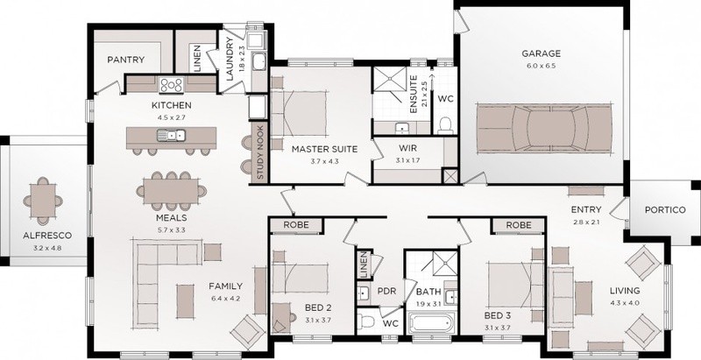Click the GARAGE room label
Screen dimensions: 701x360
pyautogui.click(x=541, y=53)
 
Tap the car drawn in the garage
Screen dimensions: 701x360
pyautogui.click(x=544, y=128)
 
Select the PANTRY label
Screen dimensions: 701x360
pyautogui.click(x=125, y=60)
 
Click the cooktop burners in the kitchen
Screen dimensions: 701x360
pyautogui.click(x=171, y=84)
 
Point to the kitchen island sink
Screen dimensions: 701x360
pyautogui.click(x=171, y=134)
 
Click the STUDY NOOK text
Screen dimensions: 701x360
pyautogui.click(x=260, y=152)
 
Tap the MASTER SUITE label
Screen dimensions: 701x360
pyautogui.click(x=324, y=149)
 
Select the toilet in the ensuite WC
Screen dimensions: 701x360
pyautogui.click(x=445, y=125)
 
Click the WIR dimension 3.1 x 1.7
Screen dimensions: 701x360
pyautogui.click(x=408, y=160)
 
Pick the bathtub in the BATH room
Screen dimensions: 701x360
pyautogui.click(x=432, y=322)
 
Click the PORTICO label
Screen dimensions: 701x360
pyautogui.click(x=665, y=210)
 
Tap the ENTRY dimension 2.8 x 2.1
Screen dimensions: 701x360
pyautogui.click(x=585, y=222)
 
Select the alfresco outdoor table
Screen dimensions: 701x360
pyautogui.click(x=43, y=201)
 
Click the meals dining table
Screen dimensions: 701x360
pyautogui.click(x=171, y=191)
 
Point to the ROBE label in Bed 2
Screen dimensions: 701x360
pyautogui.click(x=296, y=225)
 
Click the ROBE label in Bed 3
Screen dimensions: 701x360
pyautogui.click(x=519, y=225)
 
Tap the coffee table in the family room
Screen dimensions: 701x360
pyautogui.click(x=185, y=301)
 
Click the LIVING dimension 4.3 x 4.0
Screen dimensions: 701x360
pyautogui.click(x=625, y=303)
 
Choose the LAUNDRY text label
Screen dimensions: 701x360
pyautogui.click(x=230, y=59)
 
